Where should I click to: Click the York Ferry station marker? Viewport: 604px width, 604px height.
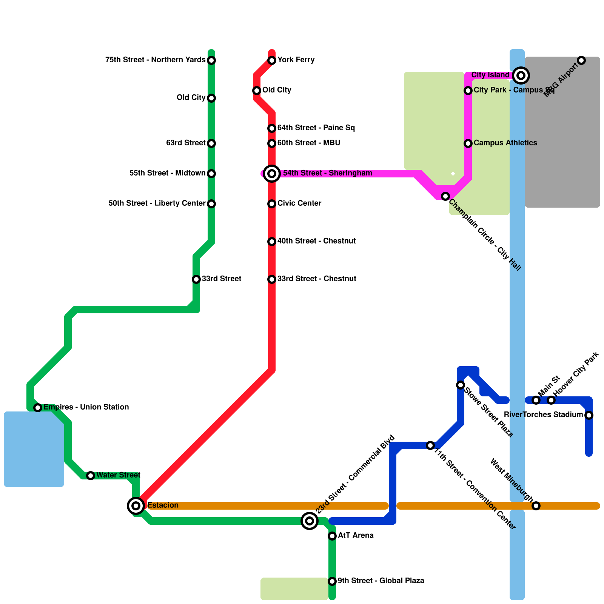pyautogui.click(x=272, y=60)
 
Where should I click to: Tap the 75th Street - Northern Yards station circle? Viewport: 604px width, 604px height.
pyautogui.click(x=211, y=60)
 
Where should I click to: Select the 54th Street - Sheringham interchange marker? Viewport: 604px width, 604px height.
pyautogui.click(x=272, y=174)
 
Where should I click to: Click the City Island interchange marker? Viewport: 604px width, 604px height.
pyautogui.click(x=521, y=75)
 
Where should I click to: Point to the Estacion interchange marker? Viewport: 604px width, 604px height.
pyautogui.click(x=136, y=505)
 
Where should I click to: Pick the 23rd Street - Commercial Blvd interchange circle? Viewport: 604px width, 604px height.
pyautogui.click(x=310, y=521)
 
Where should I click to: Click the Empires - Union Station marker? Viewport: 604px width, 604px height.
pyautogui.click(x=38, y=408)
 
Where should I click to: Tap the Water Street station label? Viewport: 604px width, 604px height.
pyautogui.click(x=118, y=475)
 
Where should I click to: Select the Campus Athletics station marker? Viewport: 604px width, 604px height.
pyautogui.click(x=468, y=143)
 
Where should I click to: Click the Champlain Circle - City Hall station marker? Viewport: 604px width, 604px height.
pyautogui.click(x=445, y=196)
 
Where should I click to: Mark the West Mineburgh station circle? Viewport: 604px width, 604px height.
pyautogui.click(x=536, y=506)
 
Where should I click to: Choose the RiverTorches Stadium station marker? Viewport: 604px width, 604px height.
pyautogui.click(x=589, y=415)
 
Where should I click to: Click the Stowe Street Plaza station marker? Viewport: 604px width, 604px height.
pyautogui.click(x=461, y=385)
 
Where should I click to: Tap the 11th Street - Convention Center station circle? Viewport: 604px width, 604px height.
pyautogui.click(x=430, y=445)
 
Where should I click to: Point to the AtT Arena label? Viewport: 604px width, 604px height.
pyautogui.click(x=356, y=535)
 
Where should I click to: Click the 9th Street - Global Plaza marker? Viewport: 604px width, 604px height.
pyautogui.click(x=332, y=581)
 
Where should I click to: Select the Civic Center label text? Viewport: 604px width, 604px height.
pyautogui.click(x=299, y=203)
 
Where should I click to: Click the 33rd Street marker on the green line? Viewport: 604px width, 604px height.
pyautogui.click(x=196, y=279)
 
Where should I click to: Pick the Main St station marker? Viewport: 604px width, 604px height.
pyautogui.click(x=536, y=400)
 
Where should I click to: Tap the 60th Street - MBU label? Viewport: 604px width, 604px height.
pyautogui.click(x=309, y=143)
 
